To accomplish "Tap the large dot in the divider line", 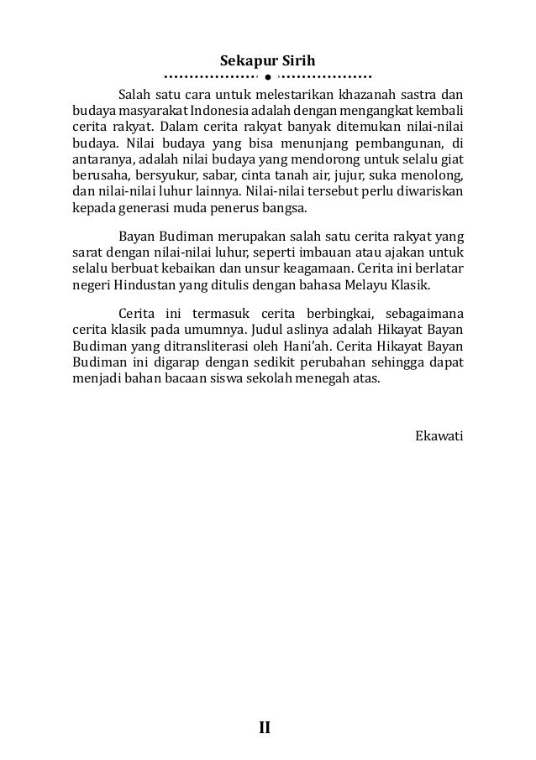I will pyautogui.click(x=266, y=86).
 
